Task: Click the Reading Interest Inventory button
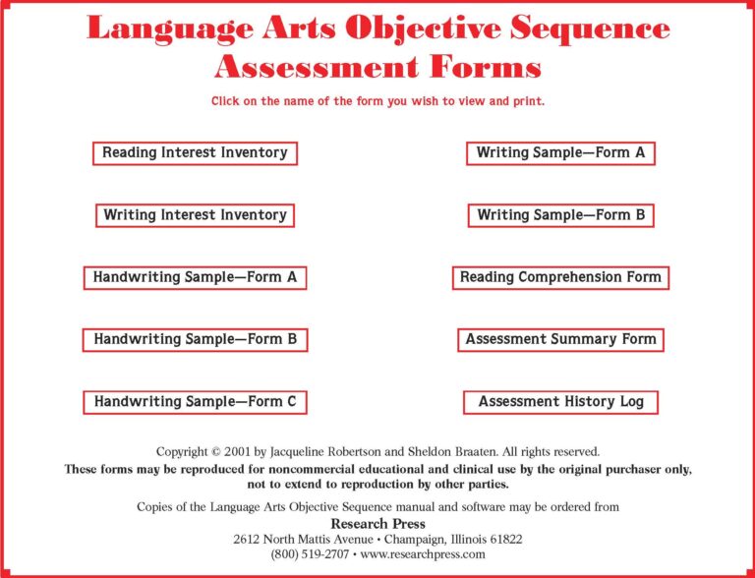tap(195, 153)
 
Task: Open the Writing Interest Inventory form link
tap(195, 215)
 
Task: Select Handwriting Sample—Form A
tap(195, 278)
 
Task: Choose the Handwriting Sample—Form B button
tap(195, 340)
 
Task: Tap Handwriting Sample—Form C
tap(195, 402)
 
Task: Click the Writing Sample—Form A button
tap(560, 153)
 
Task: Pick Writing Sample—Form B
tap(560, 215)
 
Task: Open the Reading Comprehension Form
tap(560, 278)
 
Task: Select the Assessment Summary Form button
tap(560, 340)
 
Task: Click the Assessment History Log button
tap(560, 402)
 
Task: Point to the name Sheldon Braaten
tap(463, 452)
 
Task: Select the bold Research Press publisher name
tap(377, 524)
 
